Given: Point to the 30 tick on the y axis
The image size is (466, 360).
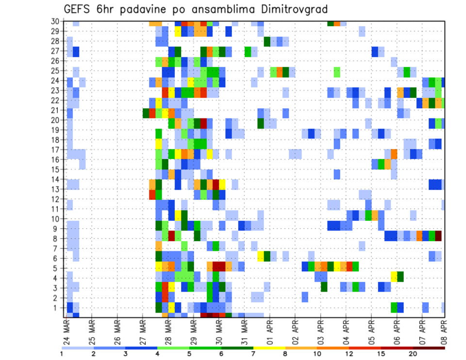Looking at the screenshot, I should [55, 21].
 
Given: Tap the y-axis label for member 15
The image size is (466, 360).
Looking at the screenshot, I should [55, 169].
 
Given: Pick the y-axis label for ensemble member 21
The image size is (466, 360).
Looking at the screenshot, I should [55, 110].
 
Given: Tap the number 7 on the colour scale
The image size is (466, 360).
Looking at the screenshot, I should [253, 354].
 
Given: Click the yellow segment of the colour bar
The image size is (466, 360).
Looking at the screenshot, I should [269, 348].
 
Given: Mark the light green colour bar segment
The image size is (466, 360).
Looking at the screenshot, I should [173, 348].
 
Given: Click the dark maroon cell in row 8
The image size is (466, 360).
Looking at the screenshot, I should [438, 236].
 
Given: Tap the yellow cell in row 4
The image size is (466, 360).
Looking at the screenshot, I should [394, 276].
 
